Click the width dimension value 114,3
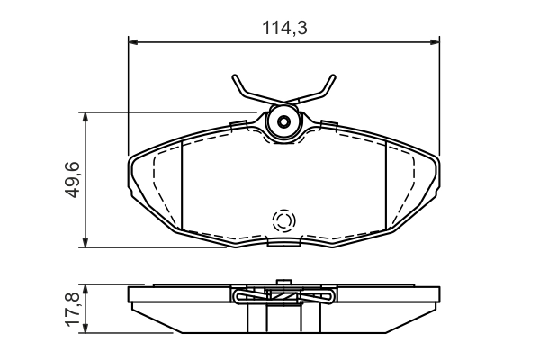pyautogui.click(x=284, y=28)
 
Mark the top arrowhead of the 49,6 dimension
pyautogui.click(x=85, y=117)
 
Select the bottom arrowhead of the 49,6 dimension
pyautogui.click(x=85, y=241)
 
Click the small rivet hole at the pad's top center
pyautogui.click(x=284, y=122)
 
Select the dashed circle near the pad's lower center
pyautogui.click(x=284, y=220)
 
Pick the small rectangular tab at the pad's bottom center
pyautogui.click(x=284, y=242)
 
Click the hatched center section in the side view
pyautogui.click(x=284, y=296)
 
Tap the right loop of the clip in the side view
pyautogui.click(x=328, y=295)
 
